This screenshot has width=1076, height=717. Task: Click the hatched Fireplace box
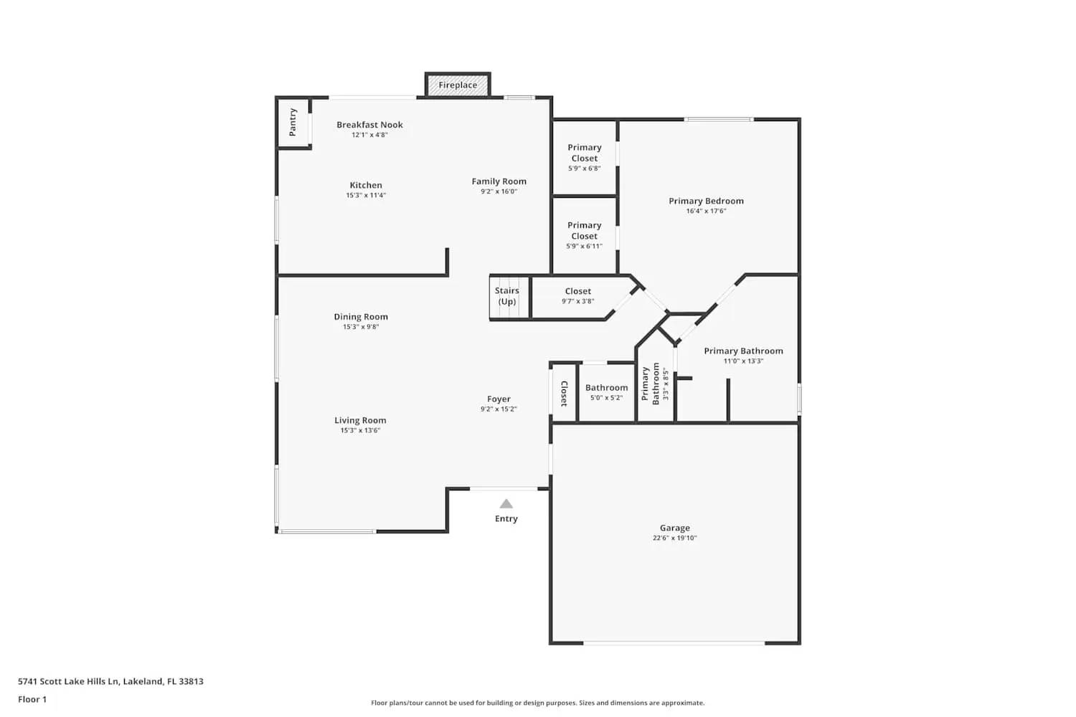point(458,85)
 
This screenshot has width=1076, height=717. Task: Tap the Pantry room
point(293,123)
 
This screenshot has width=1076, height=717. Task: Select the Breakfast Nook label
point(369,125)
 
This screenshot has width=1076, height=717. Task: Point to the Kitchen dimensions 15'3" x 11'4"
point(366,195)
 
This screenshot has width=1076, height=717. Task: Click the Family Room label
point(499,181)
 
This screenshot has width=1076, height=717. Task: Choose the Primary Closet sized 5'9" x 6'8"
point(584,158)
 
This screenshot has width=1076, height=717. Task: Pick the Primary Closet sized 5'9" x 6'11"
point(584,235)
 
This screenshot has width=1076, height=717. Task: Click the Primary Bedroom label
point(706,201)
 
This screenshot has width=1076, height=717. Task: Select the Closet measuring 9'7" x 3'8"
point(578,296)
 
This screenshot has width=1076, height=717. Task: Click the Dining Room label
point(361,316)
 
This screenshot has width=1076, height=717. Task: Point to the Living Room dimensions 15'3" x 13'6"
point(360,430)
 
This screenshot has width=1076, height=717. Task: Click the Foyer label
point(499,399)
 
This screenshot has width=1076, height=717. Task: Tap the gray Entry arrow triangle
point(506,504)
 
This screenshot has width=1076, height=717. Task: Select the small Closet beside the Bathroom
point(563,393)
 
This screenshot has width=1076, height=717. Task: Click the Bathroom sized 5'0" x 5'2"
point(606,392)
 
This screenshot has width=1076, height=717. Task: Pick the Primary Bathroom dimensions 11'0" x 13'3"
point(743,361)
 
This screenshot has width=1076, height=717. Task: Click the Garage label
point(674,528)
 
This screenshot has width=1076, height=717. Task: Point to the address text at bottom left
point(110,681)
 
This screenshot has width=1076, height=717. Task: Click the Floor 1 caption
point(32,699)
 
